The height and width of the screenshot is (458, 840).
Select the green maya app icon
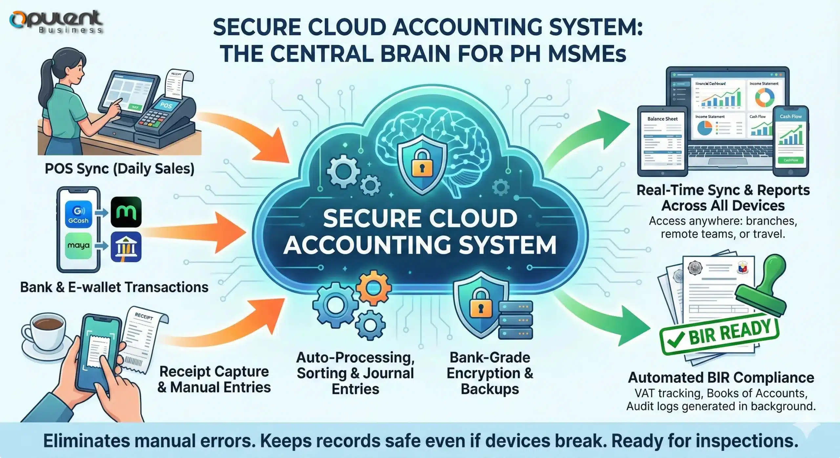pyautogui.click(x=78, y=245)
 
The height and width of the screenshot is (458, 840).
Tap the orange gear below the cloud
pyautogui.click(x=373, y=288)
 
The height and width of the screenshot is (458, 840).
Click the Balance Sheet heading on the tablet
pyautogui.click(x=662, y=119)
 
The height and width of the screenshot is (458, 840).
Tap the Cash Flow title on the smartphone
pyautogui.click(x=790, y=116)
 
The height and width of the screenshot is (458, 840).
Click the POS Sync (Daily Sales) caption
pyautogui.click(x=119, y=169)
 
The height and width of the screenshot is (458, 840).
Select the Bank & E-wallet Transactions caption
pyautogui.click(x=114, y=287)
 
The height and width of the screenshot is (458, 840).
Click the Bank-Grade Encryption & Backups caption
pyautogui.click(x=490, y=373)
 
